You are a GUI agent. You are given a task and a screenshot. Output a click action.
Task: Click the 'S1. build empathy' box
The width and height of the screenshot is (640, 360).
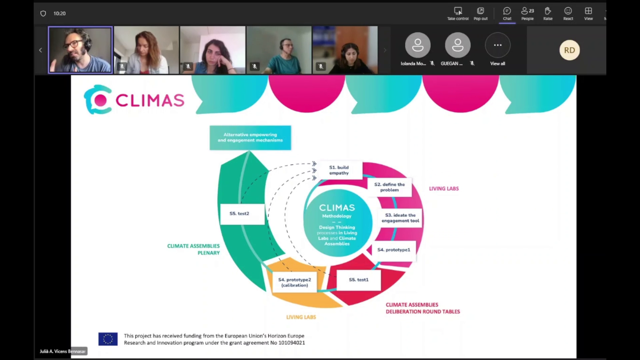(339, 170)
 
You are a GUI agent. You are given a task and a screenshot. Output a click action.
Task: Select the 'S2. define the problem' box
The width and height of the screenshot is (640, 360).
(389, 187)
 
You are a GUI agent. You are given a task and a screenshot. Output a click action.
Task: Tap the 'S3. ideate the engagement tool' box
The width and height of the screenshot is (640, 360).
(400, 218)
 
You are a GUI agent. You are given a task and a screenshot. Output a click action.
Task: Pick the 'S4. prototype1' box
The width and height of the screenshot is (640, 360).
(394, 250)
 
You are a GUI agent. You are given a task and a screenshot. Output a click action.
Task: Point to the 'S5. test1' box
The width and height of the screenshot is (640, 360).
(359, 280)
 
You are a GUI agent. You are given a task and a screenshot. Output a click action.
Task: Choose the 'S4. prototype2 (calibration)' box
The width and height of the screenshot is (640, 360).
(294, 283)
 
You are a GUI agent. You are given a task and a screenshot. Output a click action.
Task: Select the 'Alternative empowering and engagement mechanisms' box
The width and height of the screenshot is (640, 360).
(250, 138)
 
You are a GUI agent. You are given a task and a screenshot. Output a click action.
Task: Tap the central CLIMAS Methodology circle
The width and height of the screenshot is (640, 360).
(337, 223)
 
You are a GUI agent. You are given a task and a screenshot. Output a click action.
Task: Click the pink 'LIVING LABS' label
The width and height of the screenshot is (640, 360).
(444, 189)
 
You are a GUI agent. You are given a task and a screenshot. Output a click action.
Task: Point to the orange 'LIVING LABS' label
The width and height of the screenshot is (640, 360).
(301, 317)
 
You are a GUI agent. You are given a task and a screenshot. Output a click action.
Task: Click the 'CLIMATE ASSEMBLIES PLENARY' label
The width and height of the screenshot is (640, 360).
(193, 249)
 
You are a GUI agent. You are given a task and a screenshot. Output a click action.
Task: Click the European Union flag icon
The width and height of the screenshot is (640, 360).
(108, 339)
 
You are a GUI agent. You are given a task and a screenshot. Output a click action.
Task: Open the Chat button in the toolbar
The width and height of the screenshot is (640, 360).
(507, 14)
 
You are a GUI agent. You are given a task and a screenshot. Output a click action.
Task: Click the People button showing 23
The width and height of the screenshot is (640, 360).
(527, 14)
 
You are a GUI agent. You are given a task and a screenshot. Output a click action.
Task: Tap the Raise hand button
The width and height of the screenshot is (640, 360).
(548, 14)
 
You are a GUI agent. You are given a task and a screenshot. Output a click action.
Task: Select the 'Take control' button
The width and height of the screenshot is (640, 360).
(458, 14)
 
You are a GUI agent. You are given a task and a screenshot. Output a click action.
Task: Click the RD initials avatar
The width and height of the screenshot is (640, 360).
(569, 50)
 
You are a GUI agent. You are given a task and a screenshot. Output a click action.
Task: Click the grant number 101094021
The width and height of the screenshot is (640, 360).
(292, 343)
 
